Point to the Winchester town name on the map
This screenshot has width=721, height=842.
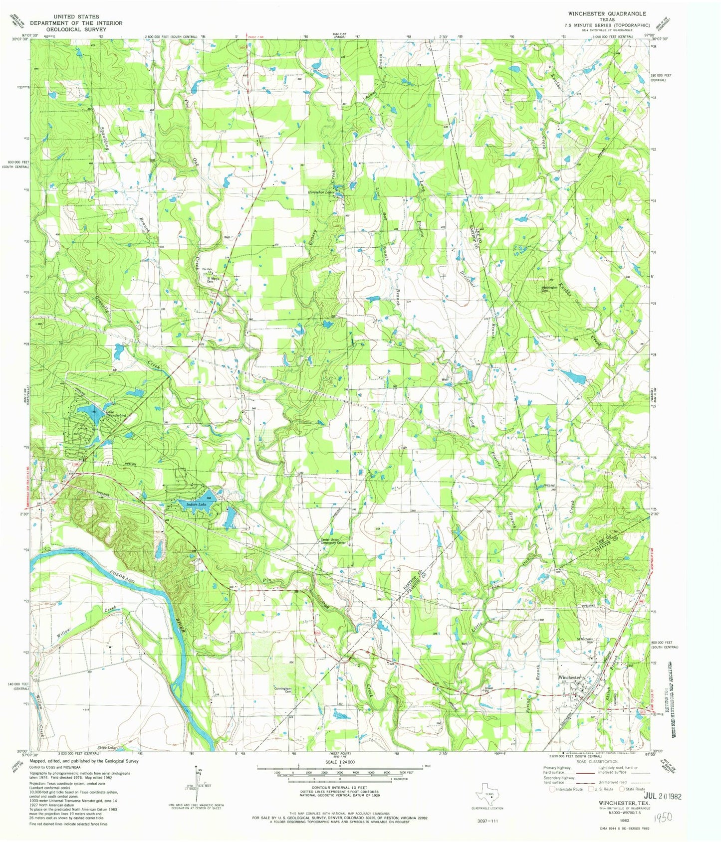click(x=569, y=677)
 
